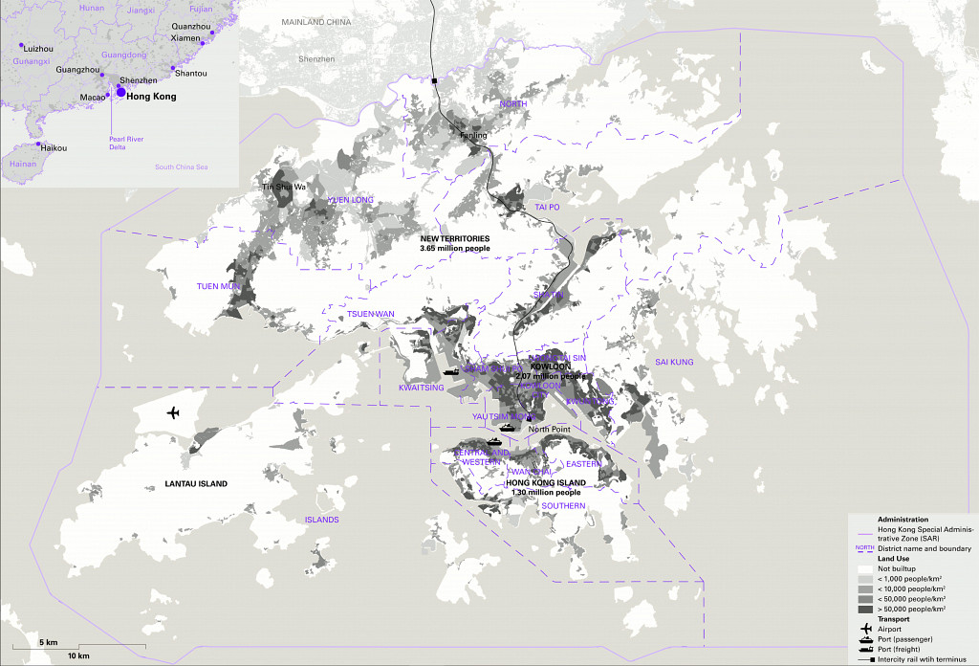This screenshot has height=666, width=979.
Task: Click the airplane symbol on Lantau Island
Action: (x=173, y=412)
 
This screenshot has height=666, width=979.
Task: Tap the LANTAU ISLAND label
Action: (x=196, y=484)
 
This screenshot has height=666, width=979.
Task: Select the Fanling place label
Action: (x=474, y=136)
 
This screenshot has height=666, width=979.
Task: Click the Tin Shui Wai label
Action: (x=284, y=187)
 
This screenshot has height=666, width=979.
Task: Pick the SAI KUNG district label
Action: (x=674, y=363)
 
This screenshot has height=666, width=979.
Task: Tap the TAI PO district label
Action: (x=547, y=207)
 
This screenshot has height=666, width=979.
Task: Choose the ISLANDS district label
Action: (x=321, y=520)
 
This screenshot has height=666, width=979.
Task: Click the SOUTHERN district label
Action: (x=563, y=505)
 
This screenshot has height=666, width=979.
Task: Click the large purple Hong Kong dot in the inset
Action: (x=120, y=91)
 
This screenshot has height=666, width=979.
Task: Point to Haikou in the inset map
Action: (x=54, y=148)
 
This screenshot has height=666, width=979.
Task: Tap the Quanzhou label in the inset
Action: (x=191, y=26)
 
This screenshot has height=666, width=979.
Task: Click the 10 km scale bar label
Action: (x=78, y=655)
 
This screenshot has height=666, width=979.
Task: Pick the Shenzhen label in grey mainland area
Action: (x=316, y=59)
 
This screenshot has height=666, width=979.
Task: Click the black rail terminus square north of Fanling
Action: (x=435, y=81)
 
